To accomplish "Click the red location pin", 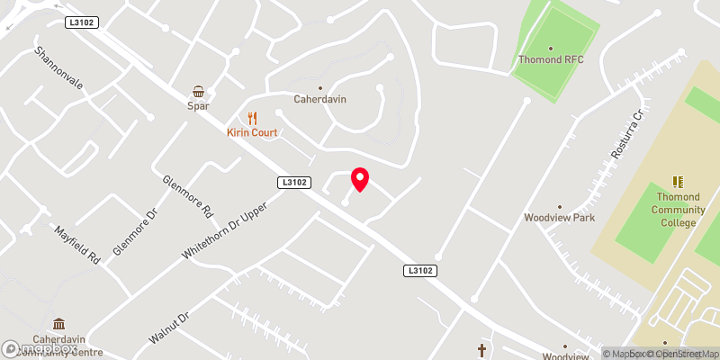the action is point(360,179).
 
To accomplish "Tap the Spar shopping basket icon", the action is point(199,91).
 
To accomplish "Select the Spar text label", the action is point(199,105).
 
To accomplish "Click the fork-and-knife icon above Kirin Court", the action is point(253,118).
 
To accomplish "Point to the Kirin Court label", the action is point(253,132).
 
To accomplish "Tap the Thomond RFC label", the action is point(551,60).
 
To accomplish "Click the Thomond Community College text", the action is point(679,211).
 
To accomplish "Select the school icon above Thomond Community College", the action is point(678,183).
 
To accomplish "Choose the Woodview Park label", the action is point(560,218).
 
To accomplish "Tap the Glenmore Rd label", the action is point(187,196).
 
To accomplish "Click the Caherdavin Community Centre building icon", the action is point(58,324).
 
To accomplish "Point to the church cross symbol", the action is point(481,349).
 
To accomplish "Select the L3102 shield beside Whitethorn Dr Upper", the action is point(294,183).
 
